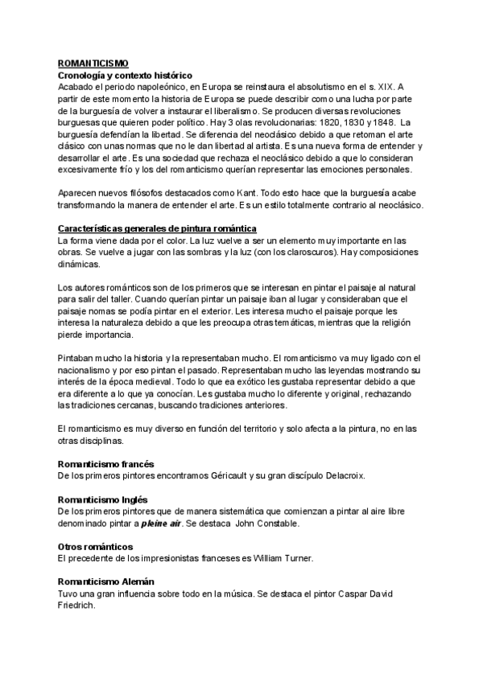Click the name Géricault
228,476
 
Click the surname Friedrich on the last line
77,606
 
